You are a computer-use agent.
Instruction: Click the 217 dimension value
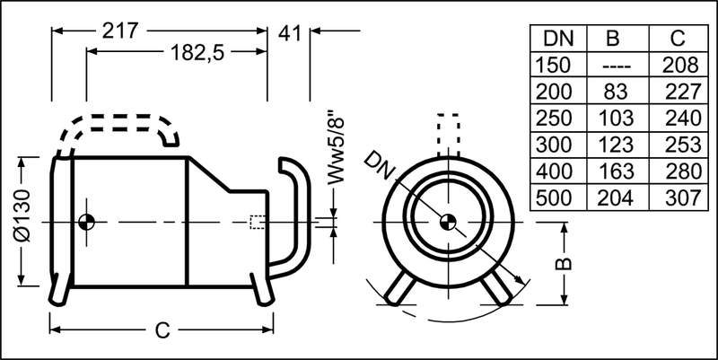(x=119, y=31)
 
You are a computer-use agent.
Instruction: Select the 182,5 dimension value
(x=197, y=53)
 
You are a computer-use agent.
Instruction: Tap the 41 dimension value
(x=289, y=33)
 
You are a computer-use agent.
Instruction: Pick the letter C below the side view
(x=162, y=329)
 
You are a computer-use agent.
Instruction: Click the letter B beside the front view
(x=565, y=264)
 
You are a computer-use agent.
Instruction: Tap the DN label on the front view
(x=380, y=164)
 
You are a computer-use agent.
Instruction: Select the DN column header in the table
(x=558, y=39)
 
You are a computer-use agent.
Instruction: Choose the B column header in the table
(x=612, y=39)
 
